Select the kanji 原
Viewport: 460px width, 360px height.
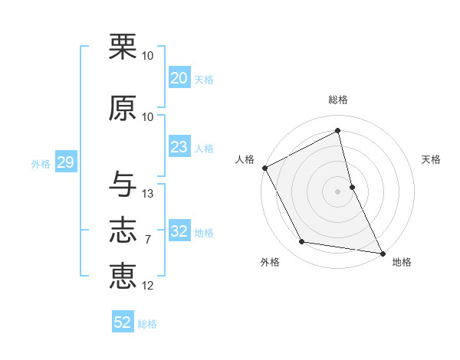pos(123,108)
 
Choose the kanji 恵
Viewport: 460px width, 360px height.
pos(123,276)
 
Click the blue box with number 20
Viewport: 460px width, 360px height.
pos(179,78)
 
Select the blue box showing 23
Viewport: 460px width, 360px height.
pos(179,147)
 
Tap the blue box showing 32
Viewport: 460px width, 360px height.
pos(179,231)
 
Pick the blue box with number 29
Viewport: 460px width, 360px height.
pos(65,162)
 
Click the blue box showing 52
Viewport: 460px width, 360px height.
pos(123,322)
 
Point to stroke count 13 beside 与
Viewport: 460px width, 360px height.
pos(148,194)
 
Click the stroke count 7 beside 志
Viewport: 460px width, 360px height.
pos(148,240)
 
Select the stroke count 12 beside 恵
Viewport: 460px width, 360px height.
pos(148,286)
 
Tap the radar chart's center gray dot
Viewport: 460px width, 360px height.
pos(337,191)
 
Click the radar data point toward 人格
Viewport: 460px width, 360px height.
pos(264,168)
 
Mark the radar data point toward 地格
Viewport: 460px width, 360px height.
pos(382,252)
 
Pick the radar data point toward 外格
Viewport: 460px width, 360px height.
pos(302,242)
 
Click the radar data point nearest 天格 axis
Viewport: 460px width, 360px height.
pos(352,186)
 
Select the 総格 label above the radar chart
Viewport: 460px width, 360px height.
pos(337,100)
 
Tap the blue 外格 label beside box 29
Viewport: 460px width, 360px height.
pos(41,163)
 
